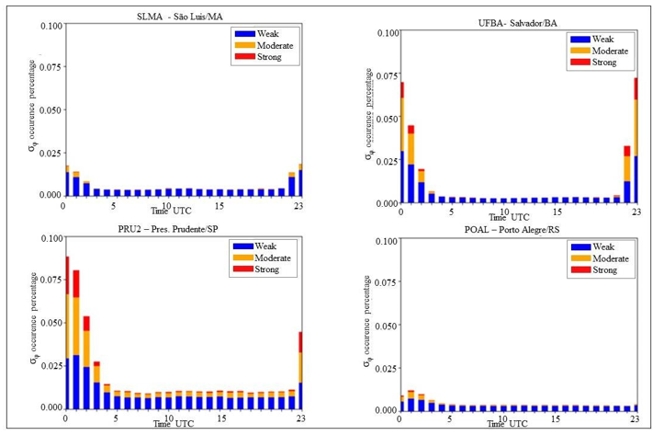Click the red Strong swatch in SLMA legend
click(245, 57)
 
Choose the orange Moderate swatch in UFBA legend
click(580, 52)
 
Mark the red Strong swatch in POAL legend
click(580, 270)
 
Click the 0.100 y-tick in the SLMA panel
click(51, 25)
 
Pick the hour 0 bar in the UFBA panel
click(401, 143)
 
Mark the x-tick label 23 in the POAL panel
click(635, 420)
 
